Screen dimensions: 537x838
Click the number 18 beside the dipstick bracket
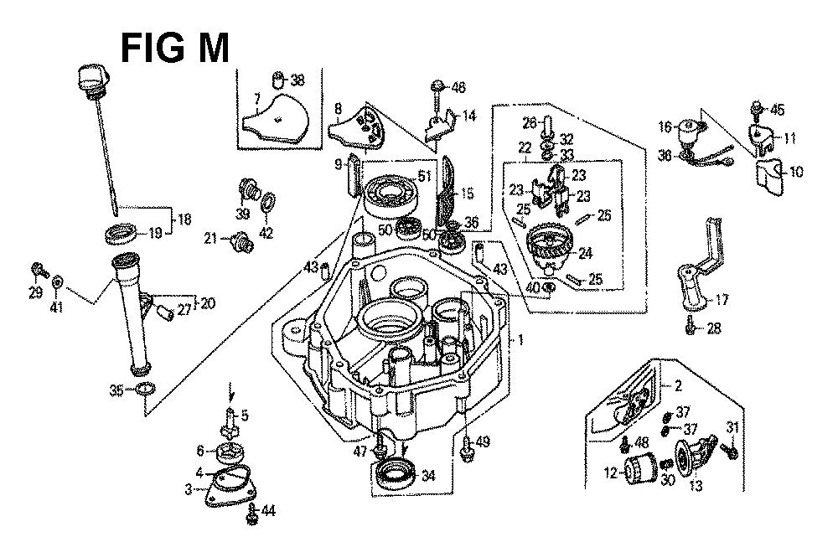[x=184, y=219]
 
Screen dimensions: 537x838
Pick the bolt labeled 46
[x=437, y=86]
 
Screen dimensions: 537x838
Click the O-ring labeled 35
[x=144, y=390]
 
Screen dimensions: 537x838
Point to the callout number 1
[x=520, y=340]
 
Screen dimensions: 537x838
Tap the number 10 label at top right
[x=795, y=172]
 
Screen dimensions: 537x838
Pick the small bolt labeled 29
[x=38, y=270]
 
